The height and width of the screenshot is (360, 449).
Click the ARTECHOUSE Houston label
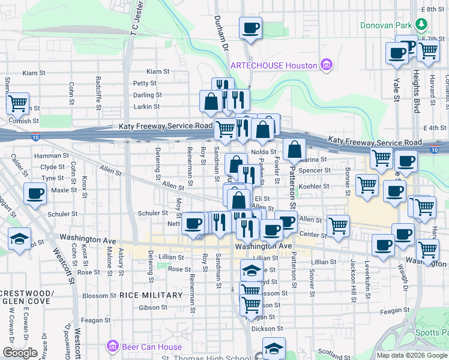[x=274, y=65]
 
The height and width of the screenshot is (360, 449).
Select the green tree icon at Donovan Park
[x=423, y=24]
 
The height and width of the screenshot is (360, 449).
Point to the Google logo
[x=19, y=353]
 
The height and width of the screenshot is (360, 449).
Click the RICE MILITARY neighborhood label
[x=151, y=295]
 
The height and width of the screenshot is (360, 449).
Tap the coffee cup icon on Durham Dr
[x=250, y=28]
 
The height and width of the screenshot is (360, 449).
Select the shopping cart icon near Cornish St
[x=18, y=103]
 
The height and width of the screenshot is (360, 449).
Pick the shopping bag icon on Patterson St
[x=294, y=150]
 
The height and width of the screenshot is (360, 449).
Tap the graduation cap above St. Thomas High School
[x=274, y=348]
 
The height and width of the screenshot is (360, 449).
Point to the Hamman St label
[x=49, y=155]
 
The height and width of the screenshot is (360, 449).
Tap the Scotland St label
[x=330, y=352]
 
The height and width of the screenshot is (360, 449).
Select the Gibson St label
[x=152, y=307]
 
